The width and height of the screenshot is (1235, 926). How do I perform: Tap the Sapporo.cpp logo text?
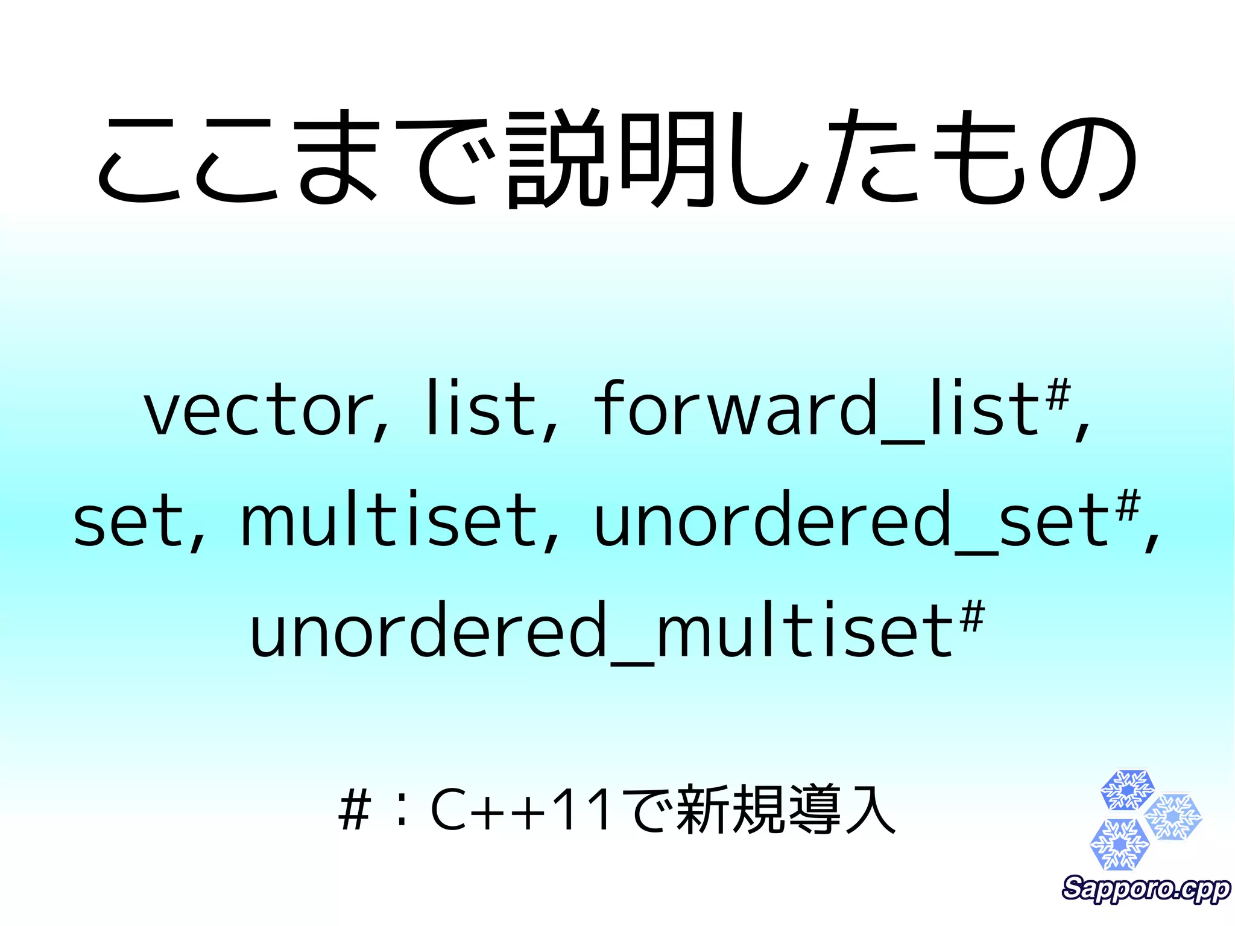pos(1146,889)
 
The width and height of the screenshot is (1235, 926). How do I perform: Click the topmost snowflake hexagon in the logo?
pos(1127,790)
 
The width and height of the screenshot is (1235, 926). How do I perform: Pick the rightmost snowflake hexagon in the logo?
pos(1173,817)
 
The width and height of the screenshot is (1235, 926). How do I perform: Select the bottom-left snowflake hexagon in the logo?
pos(1119,843)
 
